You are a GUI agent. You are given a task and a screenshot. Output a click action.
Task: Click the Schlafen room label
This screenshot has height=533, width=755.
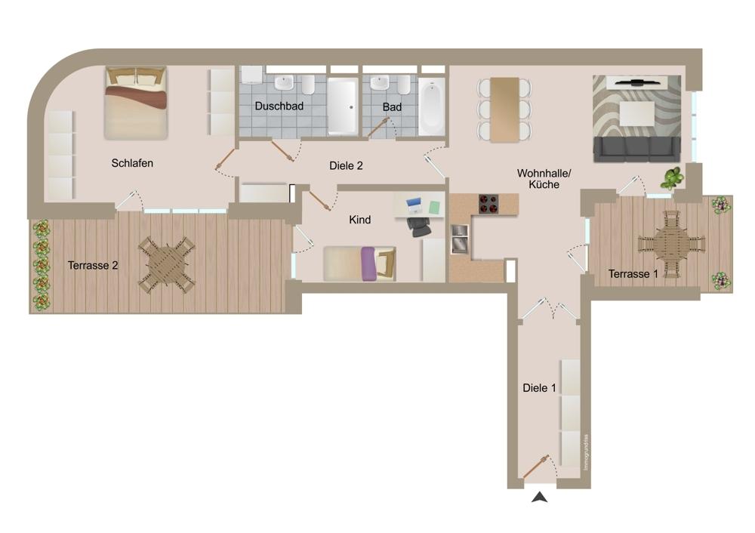[132, 163]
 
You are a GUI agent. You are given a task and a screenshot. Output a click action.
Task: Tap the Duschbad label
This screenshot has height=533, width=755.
[279, 106]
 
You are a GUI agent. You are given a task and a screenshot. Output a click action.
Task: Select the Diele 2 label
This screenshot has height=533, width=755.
[346, 165]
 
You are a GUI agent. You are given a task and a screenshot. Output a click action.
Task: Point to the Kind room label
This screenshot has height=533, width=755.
[359, 220]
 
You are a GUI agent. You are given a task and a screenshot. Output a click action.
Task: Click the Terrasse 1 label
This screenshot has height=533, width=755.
[633, 274]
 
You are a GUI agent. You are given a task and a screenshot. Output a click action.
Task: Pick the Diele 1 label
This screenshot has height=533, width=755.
[539, 387]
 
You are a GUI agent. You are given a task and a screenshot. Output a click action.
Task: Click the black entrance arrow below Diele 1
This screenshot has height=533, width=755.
[539, 498]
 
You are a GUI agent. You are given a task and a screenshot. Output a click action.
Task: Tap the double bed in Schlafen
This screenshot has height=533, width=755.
[136, 103]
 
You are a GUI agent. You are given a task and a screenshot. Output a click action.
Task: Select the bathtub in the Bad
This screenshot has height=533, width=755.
[431, 107]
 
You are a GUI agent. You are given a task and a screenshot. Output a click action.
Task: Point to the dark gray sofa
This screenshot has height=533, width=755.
[636, 149]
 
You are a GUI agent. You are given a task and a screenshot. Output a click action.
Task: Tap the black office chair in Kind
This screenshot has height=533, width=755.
[418, 226]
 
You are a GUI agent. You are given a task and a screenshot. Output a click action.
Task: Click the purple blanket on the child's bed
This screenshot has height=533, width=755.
[368, 263]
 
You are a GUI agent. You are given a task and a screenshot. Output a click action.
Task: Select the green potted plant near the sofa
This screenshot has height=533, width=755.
[672, 178]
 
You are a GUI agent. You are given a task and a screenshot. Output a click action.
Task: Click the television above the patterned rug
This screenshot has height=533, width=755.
[636, 82]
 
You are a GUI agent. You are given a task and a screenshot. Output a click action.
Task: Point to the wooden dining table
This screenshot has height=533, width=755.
[504, 109]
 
